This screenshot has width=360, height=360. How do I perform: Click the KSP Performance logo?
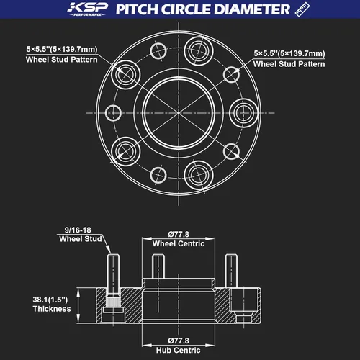[x=87, y=9]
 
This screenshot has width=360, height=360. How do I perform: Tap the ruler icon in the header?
[x=302, y=9]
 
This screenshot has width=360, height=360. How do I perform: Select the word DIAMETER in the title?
[x=251, y=9]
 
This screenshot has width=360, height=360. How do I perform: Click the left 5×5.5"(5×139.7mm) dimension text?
[x=62, y=49]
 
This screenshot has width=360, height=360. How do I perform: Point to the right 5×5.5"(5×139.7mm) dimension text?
[x=289, y=53]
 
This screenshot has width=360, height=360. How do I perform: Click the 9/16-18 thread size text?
[x=78, y=230]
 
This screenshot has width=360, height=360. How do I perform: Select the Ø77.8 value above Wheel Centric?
[x=179, y=234]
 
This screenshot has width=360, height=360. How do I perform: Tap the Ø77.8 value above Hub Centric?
[x=179, y=341]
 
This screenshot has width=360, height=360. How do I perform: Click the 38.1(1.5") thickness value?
[x=50, y=300]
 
